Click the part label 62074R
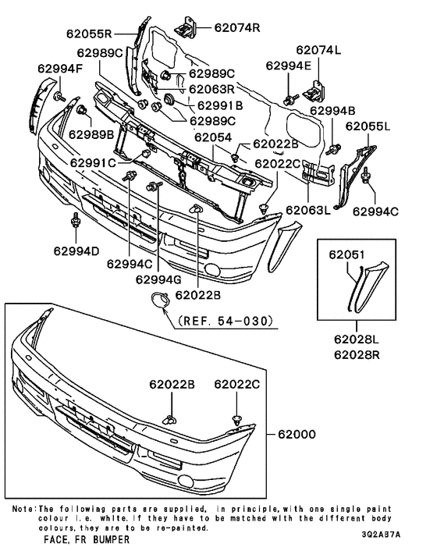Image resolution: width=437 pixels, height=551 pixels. tap(237, 28)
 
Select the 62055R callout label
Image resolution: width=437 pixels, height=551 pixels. tap(89, 34)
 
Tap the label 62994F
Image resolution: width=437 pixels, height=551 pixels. tap(60, 69)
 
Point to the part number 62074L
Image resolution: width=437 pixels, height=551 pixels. tap(318, 50)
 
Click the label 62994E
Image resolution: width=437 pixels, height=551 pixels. tap(289, 66)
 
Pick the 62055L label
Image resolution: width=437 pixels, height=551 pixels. tap(368, 126)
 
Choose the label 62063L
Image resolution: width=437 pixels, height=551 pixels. tap(308, 210)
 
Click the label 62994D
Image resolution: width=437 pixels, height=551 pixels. tap(76, 251)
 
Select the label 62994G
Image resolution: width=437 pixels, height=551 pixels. tap(158, 279)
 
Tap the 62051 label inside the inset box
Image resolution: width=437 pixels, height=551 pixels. tap(346, 254)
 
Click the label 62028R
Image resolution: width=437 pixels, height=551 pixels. tap(357, 354)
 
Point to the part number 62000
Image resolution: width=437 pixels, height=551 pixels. tap(297, 435)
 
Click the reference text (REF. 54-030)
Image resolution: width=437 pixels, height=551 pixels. tap(226, 321)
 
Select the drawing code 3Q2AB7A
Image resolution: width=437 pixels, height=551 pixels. tap(381, 535)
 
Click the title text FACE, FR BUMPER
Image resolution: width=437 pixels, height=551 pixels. tap(87, 539)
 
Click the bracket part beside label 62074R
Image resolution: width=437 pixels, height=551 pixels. tap(185, 27)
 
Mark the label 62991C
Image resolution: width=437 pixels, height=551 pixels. tap(93, 163)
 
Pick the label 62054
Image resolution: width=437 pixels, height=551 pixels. tap(213, 137)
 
